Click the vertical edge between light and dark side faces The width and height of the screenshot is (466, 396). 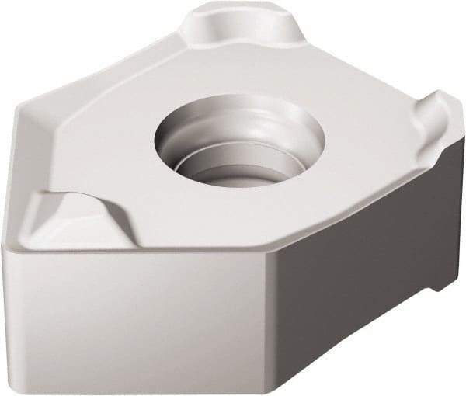[276, 326]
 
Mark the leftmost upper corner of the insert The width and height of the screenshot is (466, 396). [19, 109]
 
